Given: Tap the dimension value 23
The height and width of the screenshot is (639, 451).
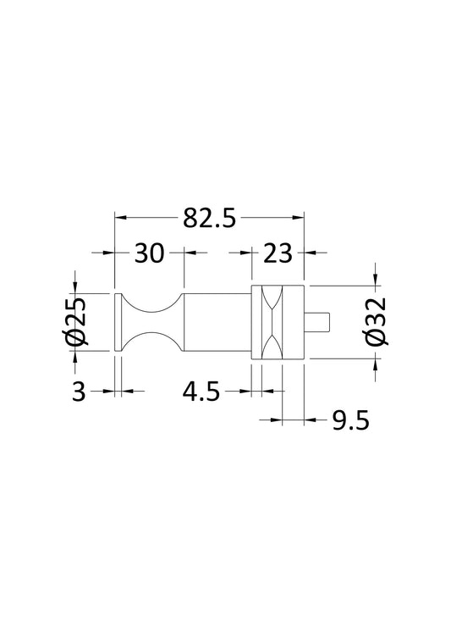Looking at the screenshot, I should click(277, 253).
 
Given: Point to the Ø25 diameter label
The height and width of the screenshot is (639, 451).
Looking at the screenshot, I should click(74, 322).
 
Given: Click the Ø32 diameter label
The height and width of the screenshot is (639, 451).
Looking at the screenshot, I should click(377, 322).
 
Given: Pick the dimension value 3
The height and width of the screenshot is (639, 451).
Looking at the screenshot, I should click(79, 392).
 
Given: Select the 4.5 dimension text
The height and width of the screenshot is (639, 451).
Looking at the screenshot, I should click(201, 392).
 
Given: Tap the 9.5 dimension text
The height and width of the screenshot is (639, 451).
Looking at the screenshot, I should click(349, 421).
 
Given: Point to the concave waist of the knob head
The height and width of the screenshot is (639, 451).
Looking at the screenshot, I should click(148, 323).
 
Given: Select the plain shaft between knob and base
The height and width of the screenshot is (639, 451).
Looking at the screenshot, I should click(216, 323).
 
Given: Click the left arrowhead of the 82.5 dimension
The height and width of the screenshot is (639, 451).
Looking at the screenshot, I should click(120, 218).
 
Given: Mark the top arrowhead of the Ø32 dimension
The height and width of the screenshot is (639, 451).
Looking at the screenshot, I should click(376, 281).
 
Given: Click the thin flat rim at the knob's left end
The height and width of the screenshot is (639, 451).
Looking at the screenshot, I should click(117, 323).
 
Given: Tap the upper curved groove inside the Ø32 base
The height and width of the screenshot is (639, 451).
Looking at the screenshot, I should click(272, 301).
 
